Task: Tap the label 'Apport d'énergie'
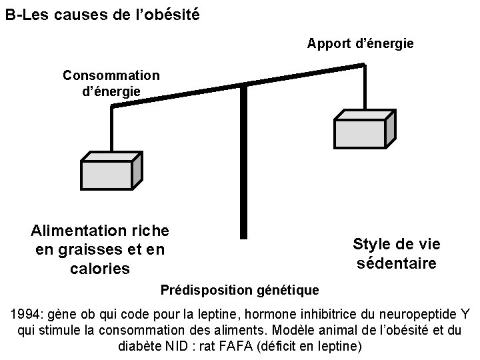coord(360,43)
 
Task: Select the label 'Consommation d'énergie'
coord(111,83)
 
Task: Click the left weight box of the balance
coord(109,173)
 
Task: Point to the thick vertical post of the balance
coord(243,160)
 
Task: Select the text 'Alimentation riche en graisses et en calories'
coord(99,250)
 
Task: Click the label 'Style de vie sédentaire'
coord(396,254)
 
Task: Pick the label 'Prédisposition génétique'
coord(240,291)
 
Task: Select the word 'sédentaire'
coord(396,263)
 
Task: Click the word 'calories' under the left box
coord(99,269)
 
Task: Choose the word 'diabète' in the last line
coord(139,346)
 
